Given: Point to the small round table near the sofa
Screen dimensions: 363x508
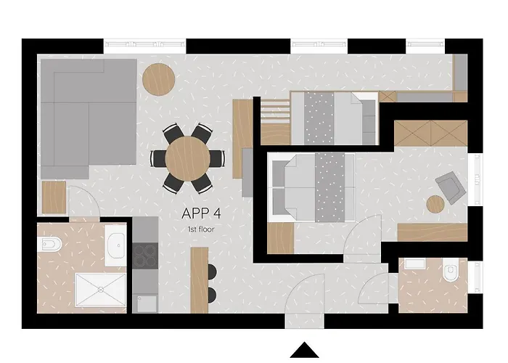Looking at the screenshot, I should (x=157, y=78).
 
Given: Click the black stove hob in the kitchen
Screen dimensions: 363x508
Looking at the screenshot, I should (x=144, y=255).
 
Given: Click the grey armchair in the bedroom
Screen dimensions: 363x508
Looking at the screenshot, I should (x=451, y=187).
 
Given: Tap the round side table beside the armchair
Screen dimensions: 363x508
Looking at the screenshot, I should (x=435, y=205).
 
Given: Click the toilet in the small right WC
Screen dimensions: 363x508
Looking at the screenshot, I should (x=451, y=273).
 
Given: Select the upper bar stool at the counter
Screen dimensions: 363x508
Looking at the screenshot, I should (x=212, y=272).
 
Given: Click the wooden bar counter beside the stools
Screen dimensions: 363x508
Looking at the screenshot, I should (x=200, y=276).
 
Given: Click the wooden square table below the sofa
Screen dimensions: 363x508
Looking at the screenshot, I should (x=54, y=197).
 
